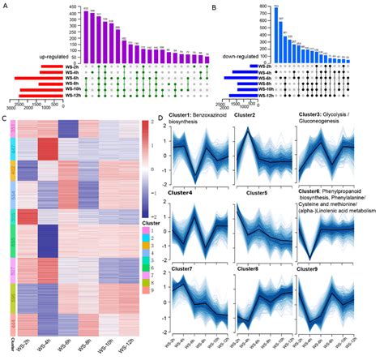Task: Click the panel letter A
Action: click(x=6, y=6)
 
